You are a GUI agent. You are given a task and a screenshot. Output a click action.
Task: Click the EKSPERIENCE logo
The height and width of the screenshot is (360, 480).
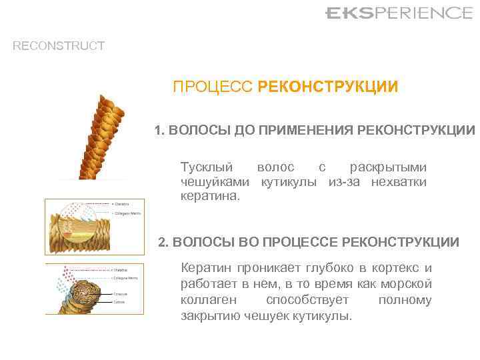tap(398, 13)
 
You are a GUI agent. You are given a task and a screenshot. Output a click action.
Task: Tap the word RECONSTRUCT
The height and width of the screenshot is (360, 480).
tap(59, 46)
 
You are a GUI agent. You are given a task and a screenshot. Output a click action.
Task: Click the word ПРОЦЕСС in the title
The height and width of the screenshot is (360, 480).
tap(213, 87)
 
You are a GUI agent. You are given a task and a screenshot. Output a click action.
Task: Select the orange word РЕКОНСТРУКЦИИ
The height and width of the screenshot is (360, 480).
tap(328, 87)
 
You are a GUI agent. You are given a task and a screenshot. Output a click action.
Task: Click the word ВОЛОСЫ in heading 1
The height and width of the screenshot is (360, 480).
tap(198, 130)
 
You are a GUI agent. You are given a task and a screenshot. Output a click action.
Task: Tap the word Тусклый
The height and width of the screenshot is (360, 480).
tap(207, 167)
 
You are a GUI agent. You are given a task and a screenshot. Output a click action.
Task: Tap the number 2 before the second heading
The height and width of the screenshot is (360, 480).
tap(163, 242)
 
